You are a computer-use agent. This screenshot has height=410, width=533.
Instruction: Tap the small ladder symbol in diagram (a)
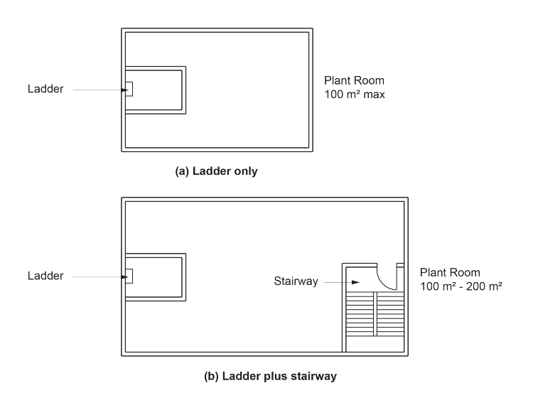(x=129, y=89)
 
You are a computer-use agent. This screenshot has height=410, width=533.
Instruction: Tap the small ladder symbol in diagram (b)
(x=129, y=275)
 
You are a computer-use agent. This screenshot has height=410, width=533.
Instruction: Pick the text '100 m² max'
(x=355, y=94)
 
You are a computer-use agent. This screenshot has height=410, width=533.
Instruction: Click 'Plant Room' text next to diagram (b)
(x=450, y=273)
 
